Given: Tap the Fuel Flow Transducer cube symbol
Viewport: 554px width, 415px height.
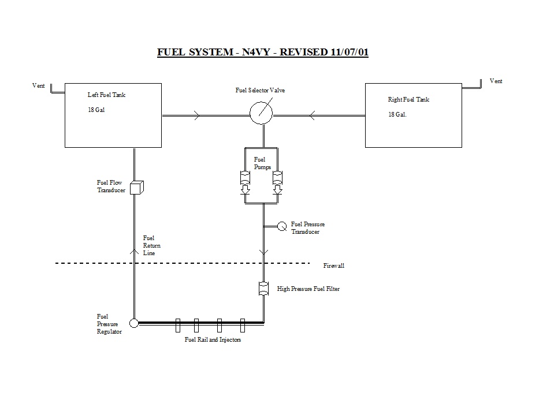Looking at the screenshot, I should (x=136, y=187).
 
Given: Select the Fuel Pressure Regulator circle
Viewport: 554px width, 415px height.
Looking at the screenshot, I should (x=134, y=323).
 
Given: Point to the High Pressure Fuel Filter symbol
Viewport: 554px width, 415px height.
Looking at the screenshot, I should (x=263, y=289).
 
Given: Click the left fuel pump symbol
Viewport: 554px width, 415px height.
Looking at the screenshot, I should (x=244, y=179).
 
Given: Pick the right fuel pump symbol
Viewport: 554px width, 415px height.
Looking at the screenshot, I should (x=277, y=179).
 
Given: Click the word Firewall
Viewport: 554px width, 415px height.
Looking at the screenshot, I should (x=334, y=266).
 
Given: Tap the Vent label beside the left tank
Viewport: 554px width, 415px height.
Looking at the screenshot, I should (x=39, y=85).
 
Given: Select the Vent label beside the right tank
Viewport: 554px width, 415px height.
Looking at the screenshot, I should (x=496, y=81).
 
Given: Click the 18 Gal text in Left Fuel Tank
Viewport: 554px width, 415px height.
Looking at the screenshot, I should (x=96, y=110).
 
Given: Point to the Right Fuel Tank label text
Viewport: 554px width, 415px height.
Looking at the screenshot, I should (x=408, y=99).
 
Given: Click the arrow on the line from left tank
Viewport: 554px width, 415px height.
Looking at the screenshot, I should (x=197, y=116).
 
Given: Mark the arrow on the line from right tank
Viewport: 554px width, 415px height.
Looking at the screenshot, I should (x=313, y=116).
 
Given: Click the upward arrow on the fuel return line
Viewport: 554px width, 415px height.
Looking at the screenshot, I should (x=134, y=250).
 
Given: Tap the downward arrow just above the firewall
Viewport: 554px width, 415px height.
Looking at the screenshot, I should (x=263, y=252).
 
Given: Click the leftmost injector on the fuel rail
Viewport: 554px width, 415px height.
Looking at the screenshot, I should (x=177, y=326).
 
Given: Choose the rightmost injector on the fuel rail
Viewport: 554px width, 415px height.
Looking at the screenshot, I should (x=243, y=326).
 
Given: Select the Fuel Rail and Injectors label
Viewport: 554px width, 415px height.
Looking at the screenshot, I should (x=212, y=340).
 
